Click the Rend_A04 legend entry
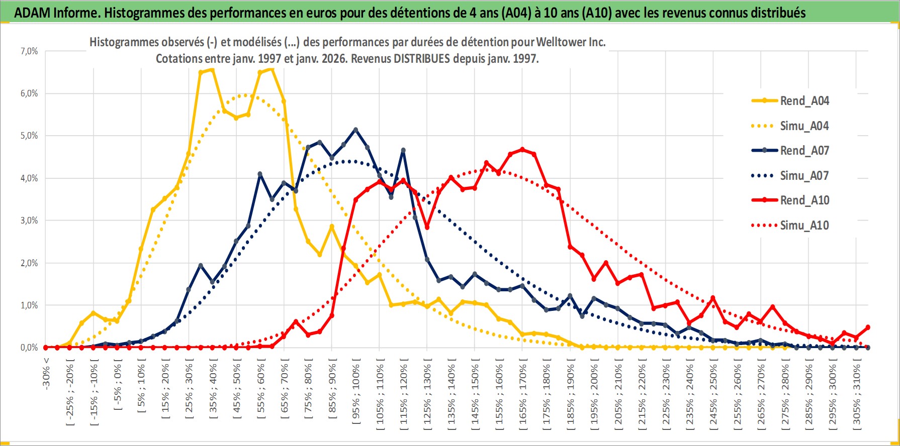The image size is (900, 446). (804, 101)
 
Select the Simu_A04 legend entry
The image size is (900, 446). (804, 126)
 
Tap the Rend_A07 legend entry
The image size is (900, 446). (804, 151)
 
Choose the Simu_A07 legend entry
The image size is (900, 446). (804, 176)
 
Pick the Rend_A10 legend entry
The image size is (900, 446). (804, 200)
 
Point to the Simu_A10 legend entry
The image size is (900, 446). (804, 226)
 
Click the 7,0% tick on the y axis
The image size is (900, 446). (29, 51)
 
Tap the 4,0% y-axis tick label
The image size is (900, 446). (29, 178)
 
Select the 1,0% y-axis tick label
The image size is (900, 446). (29, 305)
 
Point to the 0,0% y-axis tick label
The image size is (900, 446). (29, 348)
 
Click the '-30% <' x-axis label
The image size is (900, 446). (46, 374)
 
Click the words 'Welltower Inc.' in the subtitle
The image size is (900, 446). (571, 42)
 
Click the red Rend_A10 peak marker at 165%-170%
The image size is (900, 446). (522, 149)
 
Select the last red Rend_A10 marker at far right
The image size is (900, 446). (868, 327)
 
